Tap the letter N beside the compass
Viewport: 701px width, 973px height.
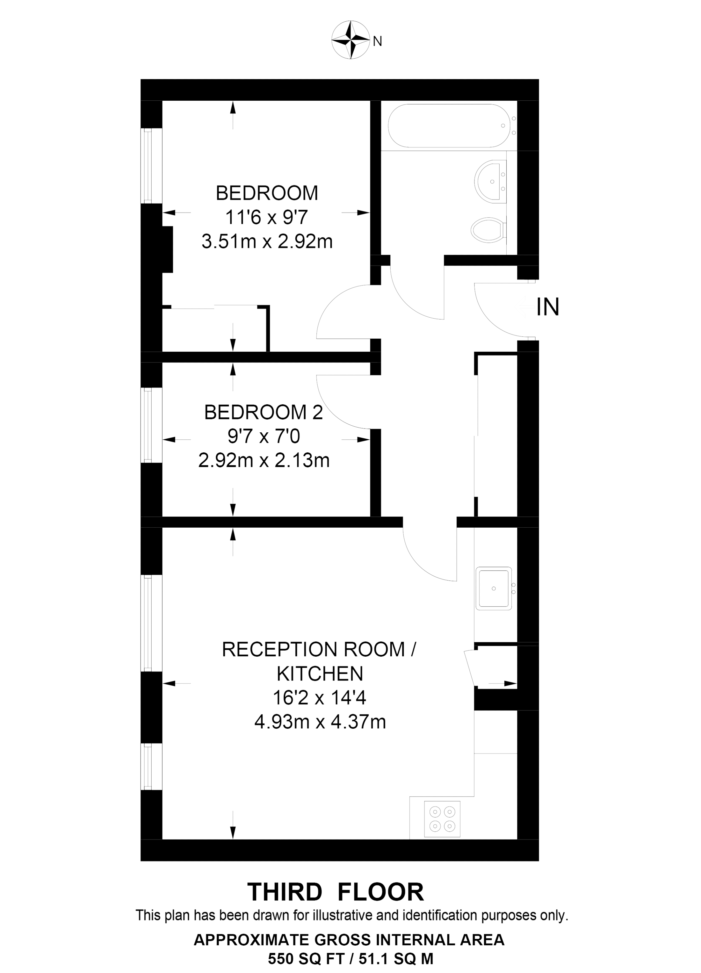(x=378, y=42)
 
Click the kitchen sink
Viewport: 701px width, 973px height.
(x=494, y=588)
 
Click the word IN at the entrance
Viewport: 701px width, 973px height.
(x=548, y=307)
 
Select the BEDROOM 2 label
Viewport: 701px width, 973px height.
(x=264, y=412)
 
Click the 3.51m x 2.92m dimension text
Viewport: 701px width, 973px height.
(x=267, y=241)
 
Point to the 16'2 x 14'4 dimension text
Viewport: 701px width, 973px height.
(x=320, y=698)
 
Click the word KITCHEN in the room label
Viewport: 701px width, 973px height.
(x=320, y=674)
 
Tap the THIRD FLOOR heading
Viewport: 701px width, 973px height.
(x=336, y=892)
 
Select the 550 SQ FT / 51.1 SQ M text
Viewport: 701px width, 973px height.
(x=350, y=958)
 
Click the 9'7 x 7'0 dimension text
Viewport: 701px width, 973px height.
(x=264, y=437)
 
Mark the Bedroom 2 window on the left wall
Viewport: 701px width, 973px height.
(x=147, y=425)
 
